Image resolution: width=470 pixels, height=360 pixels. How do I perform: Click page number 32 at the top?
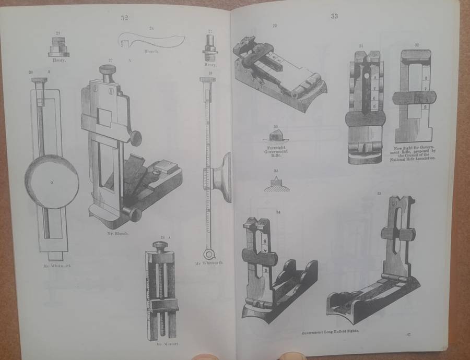124,18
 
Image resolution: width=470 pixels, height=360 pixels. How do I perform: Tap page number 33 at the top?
334,16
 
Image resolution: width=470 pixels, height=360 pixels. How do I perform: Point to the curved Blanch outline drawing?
151,41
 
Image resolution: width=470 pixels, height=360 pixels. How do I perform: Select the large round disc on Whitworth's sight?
52,183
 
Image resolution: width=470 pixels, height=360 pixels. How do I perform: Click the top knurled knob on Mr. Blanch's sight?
108,71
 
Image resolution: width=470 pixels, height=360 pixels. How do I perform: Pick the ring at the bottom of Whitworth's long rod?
209,255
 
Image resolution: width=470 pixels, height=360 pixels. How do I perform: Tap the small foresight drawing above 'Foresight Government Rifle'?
276,135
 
